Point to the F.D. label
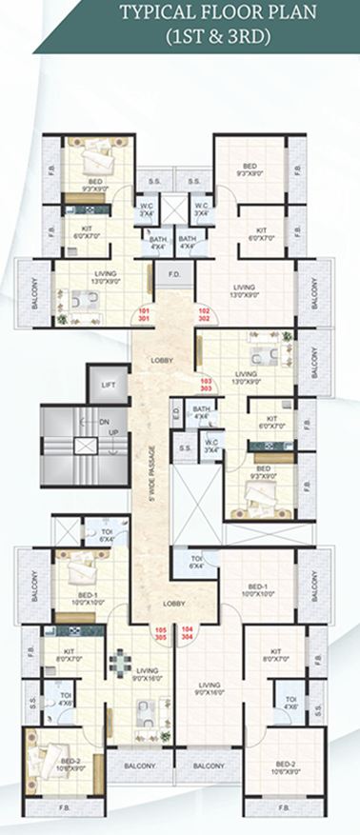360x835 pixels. pos(175,274)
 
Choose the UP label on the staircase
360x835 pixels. pos(113,431)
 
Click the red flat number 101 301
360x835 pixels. pos(145,315)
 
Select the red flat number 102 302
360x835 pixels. pos(203,315)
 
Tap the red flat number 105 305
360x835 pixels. pos(161,633)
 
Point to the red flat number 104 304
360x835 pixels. pos(188,633)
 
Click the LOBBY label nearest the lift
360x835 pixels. pos(158,360)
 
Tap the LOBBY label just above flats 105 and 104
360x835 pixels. pos(173,604)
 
